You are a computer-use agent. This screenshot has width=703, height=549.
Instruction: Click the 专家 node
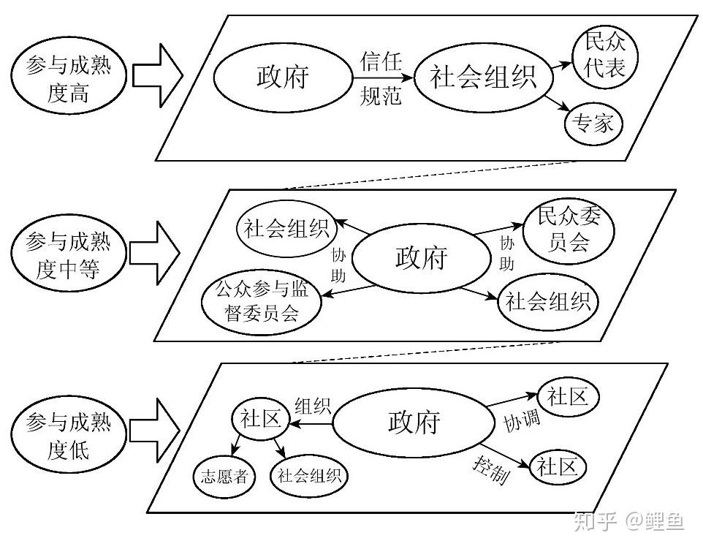593,124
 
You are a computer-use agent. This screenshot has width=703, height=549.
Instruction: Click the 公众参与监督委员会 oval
262,301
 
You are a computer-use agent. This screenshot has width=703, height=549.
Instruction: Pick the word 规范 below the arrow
381,96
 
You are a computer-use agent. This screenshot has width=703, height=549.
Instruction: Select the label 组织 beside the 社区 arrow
312,406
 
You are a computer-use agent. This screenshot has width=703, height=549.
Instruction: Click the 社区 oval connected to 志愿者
257,420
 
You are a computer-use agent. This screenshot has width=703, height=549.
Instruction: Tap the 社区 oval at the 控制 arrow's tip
558,466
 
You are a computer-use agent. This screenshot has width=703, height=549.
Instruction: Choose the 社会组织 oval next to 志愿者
309,477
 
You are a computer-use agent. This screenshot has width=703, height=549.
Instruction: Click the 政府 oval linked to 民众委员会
422,258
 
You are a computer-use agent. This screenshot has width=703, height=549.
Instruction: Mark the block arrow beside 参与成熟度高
158,74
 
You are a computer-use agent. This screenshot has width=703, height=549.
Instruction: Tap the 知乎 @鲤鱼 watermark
628,521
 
